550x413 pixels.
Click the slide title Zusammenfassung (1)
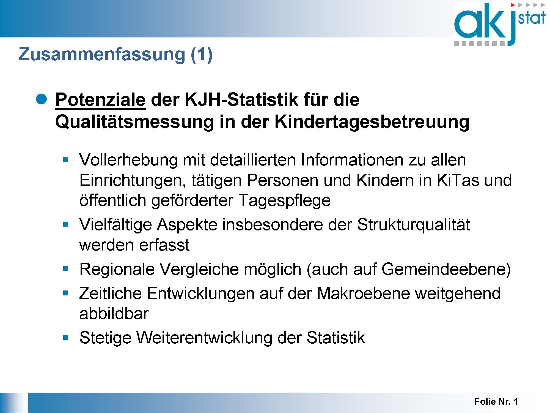(116, 54)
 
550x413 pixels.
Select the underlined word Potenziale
(100, 99)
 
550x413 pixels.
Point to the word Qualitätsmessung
(134, 122)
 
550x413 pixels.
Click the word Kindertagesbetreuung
(372, 122)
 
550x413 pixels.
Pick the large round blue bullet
(42, 99)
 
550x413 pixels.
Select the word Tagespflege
(284, 201)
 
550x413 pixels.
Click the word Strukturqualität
(414, 225)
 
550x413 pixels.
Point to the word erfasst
(164, 245)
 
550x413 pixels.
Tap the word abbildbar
(114, 314)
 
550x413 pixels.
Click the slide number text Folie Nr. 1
(496, 402)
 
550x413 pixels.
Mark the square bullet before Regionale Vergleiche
(66, 269)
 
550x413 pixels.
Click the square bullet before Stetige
(66, 337)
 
